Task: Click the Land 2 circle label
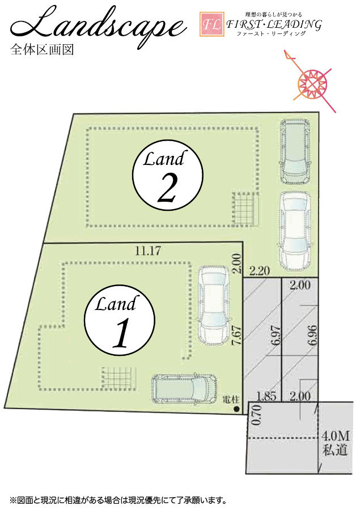tap(168, 176)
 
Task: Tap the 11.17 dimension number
tap(148, 251)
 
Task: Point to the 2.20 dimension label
tap(260, 270)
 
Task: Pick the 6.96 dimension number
tap(312, 335)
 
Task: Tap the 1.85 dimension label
tap(266, 396)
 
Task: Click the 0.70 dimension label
tap(257, 415)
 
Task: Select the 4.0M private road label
tap(335, 443)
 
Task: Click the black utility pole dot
tap(236, 409)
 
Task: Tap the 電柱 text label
tap(231, 399)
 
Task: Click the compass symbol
tap(312, 81)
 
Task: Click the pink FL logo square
tap(212, 24)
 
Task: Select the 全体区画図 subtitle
tap(42, 49)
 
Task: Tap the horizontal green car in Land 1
tap(184, 388)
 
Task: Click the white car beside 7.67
tap(214, 305)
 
